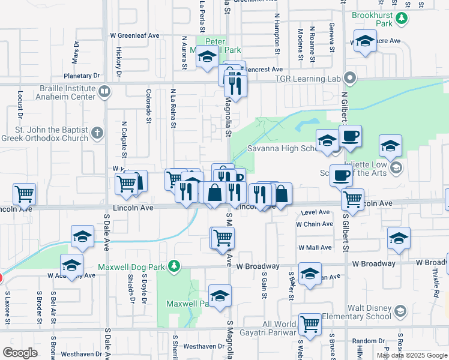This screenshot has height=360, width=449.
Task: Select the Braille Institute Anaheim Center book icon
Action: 104,92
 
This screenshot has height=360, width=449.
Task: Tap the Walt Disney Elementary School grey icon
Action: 400,311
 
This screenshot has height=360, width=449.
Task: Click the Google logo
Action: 20,353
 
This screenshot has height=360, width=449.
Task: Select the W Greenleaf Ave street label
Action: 134,36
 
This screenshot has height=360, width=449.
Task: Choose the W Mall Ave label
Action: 315,247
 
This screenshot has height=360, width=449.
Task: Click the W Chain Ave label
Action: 314,224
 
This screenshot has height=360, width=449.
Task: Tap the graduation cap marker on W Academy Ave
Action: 71,265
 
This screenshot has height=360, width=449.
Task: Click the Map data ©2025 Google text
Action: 412,355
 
